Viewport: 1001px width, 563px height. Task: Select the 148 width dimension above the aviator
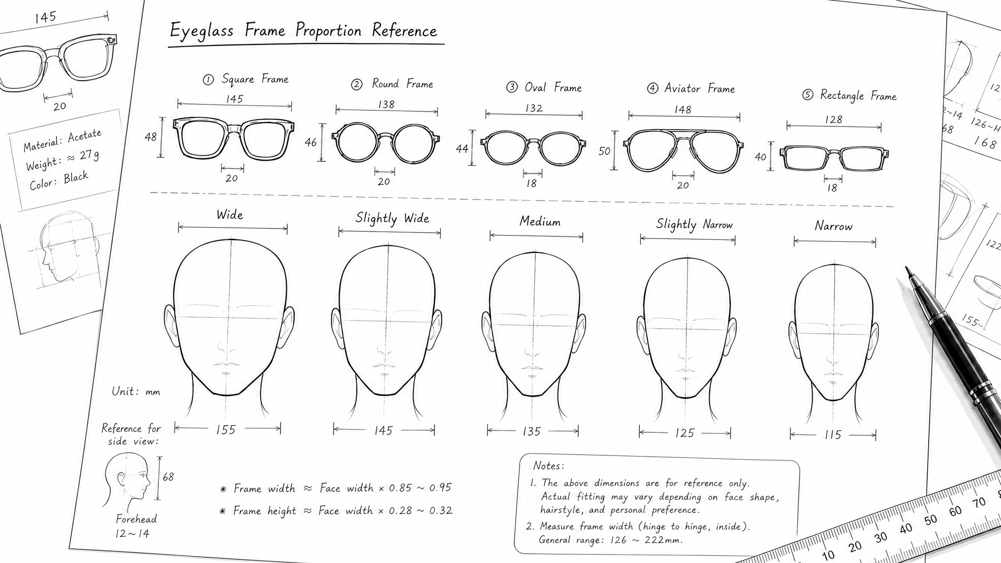pyautogui.click(x=683, y=109)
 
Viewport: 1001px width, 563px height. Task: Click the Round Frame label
pyautogui.click(x=402, y=84)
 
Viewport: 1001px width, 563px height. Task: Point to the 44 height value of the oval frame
pyautogui.click(x=462, y=148)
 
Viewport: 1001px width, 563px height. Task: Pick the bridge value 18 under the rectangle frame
pyautogui.click(x=832, y=188)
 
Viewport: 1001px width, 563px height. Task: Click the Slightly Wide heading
pyautogui.click(x=392, y=218)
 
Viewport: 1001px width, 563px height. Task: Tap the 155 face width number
pyautogui.click(x=226, y=430)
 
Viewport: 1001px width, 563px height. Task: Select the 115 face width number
pyautogui.click(x=833, y=434)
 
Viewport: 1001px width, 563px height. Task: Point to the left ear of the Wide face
pyautogui.click(x=171, y=326)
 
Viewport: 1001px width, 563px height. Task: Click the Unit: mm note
pyautogui.click(x=136, y=391)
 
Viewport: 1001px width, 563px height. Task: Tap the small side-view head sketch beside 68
pyautogui.click(x=126, y=480)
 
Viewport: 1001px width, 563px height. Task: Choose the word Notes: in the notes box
pyautogui.click(x=548, y=466)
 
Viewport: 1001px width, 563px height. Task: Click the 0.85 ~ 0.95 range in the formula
pyautogui.click(x=420, y=488)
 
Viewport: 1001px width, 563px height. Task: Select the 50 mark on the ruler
pyautogui.click(x=930, y=520)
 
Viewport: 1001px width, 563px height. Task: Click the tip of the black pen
pyautogui.click(x=907, y=268)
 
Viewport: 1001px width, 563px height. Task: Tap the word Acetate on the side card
pyautogui.click(x=85, y=135)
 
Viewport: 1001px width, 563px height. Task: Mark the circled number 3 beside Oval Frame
pyautogui.click(x=512, y=87)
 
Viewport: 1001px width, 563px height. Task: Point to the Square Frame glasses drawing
pyautogui.click(x=234, y=139)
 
